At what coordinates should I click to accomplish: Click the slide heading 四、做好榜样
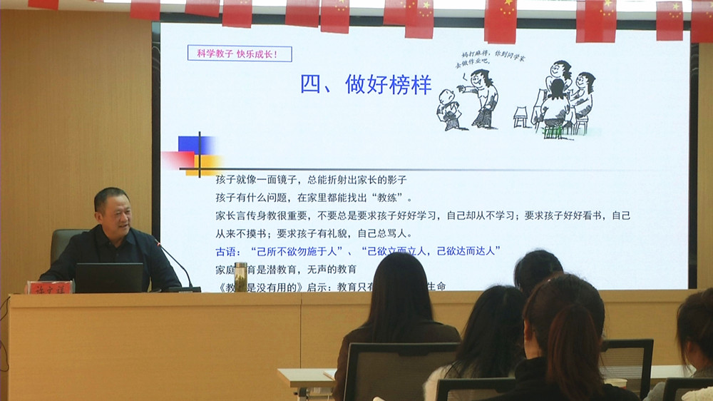tap(366, 85)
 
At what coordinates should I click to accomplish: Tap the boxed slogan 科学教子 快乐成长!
tap(240, 54)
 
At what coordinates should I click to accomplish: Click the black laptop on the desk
tap(109, 278)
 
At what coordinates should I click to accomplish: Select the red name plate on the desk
tap(48, 287)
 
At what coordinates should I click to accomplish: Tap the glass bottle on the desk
tap(241, 277)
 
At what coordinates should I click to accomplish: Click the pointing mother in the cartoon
tap(481, 98)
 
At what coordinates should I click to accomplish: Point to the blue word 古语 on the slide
tap(229, 251)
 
